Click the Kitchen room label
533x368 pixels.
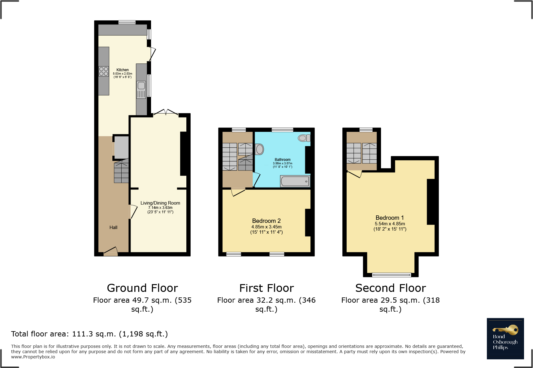tap(123, 70)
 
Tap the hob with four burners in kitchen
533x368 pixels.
tap(104, 71)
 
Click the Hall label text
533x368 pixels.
tap(113, 227)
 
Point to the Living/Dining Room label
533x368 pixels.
tap(160, 203)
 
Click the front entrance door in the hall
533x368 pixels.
tap(110, 252)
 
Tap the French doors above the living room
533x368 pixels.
tap(166, 113)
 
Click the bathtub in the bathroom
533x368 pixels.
tap(295, 181)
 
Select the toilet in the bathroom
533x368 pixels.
tap(304, 138)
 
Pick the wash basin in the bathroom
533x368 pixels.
tap(259, 149)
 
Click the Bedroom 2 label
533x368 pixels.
tap(266, 221)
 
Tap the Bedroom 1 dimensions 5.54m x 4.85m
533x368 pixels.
tap(390, 224)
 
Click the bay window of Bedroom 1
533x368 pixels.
tap(391, 275)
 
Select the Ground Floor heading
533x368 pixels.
tap(142, 288)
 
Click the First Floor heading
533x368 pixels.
tap(266, 288)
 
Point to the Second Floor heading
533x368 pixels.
tap(391, 288)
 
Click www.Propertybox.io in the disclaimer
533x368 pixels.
tap(33, 357)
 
